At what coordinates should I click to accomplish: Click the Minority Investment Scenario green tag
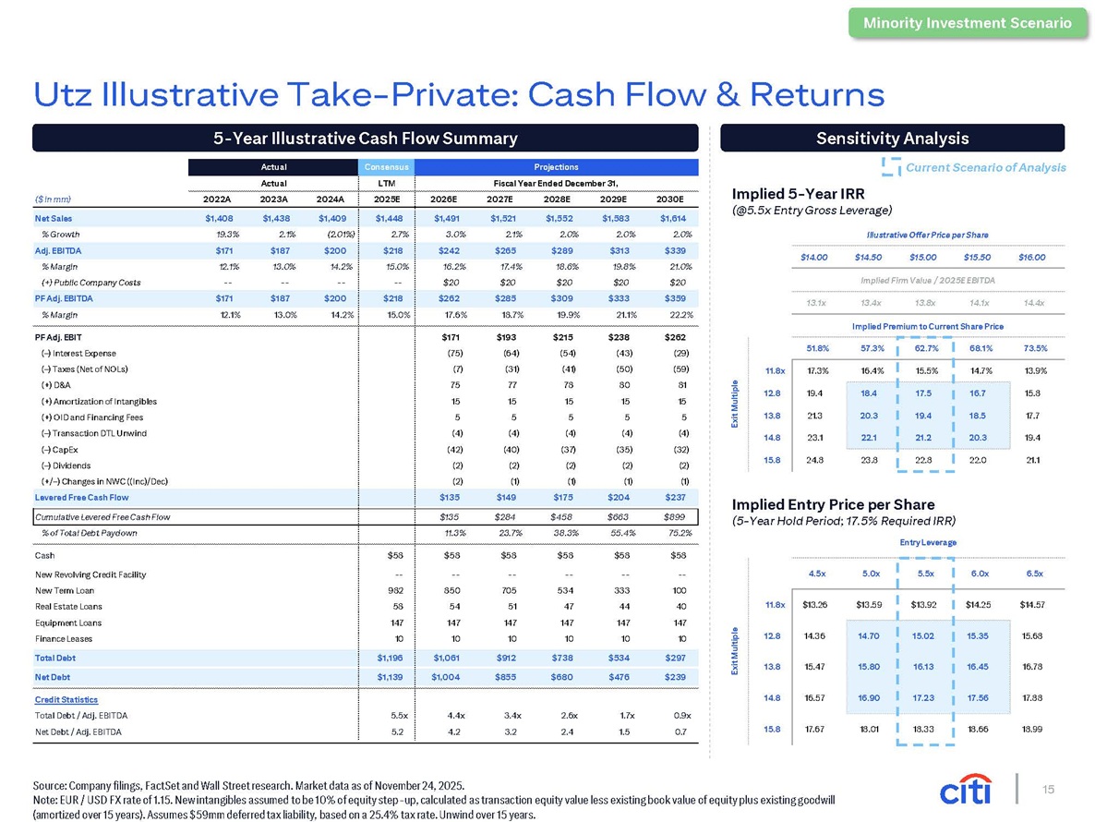click(968, 22)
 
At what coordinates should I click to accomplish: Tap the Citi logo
click(966, 789)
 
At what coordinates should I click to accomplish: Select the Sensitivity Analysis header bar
click(893, 139)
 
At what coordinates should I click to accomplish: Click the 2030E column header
click(669, 199)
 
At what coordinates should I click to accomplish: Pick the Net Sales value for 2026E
click(446, 219)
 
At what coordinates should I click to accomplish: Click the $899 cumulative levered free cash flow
click(675, 517)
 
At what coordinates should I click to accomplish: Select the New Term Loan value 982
click(395, 591)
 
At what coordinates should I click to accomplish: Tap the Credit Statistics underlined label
click(66, 700)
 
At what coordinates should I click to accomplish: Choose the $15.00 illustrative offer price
click(922, 258)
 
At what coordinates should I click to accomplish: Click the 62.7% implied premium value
click(926, 348)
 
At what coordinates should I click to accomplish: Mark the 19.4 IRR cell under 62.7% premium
click(923, 416)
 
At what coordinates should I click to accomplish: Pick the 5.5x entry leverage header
click(925, 574)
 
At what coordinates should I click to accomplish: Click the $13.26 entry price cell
click(815, 605)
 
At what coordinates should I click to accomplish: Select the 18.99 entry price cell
click(1032, 729)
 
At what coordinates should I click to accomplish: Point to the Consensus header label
click(386, 167)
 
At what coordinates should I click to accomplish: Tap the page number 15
click(1048, 789)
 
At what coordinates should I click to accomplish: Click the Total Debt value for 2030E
click(675, 658)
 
